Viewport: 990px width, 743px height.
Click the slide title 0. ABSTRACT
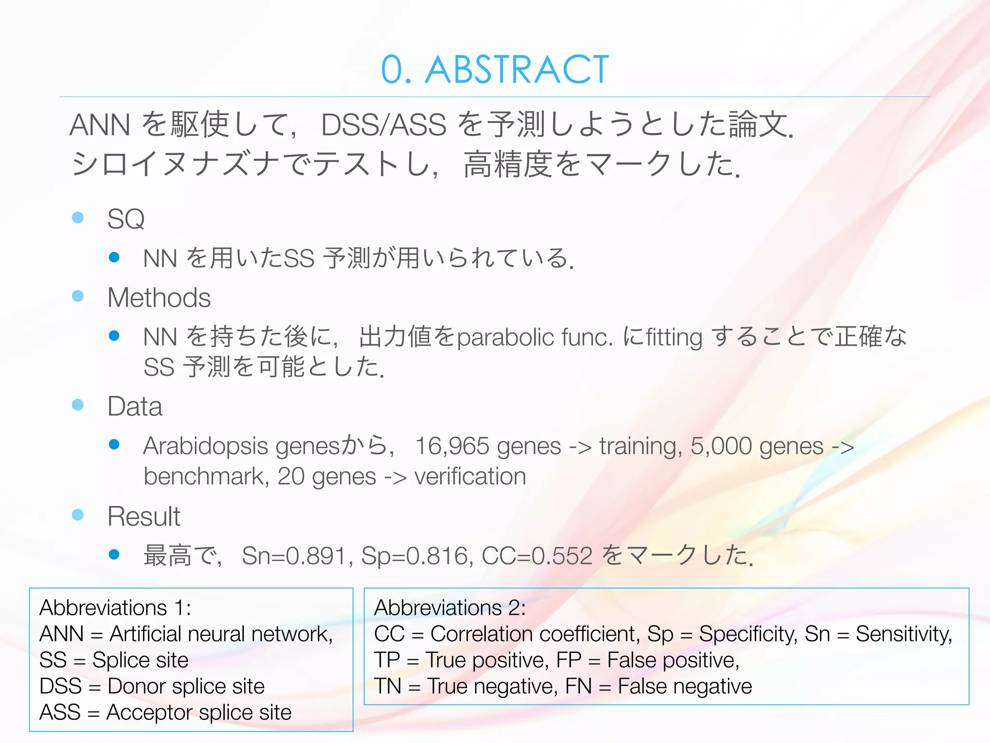495,70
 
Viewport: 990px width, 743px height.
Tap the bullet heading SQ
126,219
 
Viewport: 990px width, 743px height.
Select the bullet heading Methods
159,297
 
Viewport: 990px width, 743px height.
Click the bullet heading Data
135,406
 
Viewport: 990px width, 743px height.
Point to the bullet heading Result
144,516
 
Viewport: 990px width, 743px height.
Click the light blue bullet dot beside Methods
78,296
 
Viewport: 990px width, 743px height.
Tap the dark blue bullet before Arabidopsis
114,445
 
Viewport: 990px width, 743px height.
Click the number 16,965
451,446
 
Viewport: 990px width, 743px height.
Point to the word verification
470,477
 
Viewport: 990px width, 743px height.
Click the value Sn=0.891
294,556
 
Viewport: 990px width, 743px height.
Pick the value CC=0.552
537,556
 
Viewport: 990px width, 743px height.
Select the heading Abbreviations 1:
115,608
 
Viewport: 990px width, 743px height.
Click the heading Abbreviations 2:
450,608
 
